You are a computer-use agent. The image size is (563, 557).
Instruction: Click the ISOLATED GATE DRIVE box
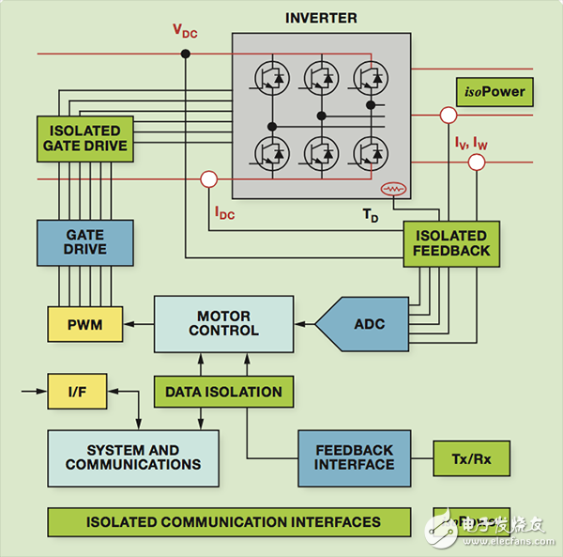(x=84, y=139)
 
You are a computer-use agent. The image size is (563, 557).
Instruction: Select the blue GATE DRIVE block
(x=84, y=241)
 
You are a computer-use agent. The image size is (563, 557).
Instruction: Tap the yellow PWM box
(x=85, y=324)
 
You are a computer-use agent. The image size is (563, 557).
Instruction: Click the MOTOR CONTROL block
(x=223, y=323)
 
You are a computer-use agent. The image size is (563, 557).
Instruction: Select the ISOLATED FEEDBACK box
(x=450, y=242)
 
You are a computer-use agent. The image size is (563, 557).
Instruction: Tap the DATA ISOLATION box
(x=224, y=391)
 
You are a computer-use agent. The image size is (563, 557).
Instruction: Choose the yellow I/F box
(x=75, y=391)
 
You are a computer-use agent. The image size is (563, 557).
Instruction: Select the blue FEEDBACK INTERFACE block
(x=354, y=457)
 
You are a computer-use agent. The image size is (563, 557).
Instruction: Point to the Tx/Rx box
(x=471, y=457)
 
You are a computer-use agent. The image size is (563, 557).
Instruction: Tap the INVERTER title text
(x=322, y=18)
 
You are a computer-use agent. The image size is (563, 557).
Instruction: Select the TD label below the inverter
(x=371, y=214)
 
